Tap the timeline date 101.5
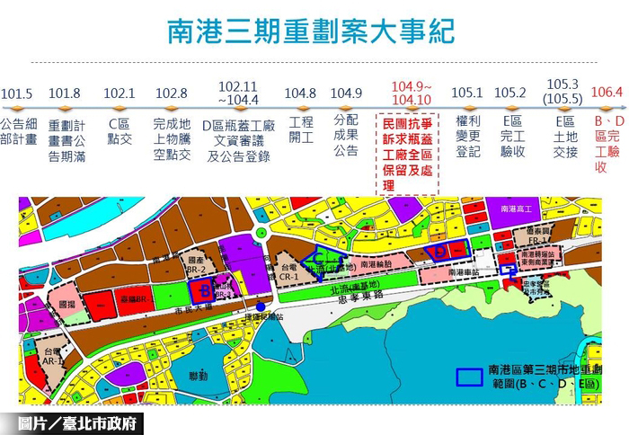coord(17,93)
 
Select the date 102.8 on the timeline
coord(172,93)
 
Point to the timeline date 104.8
coord(300,93)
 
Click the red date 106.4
coord(607,92)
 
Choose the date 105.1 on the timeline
coord(467,93)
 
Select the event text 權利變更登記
coord(468,136)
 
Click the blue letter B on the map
coord(205,290)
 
